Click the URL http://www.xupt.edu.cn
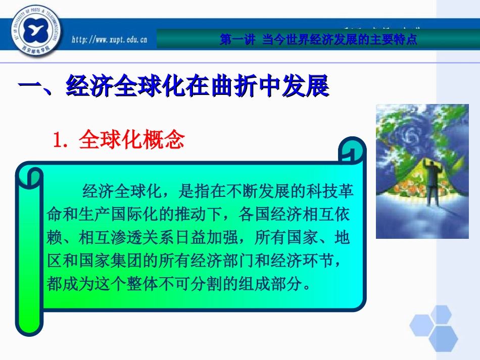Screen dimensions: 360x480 point(108,40)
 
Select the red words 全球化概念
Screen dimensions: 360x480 point(132,141)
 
